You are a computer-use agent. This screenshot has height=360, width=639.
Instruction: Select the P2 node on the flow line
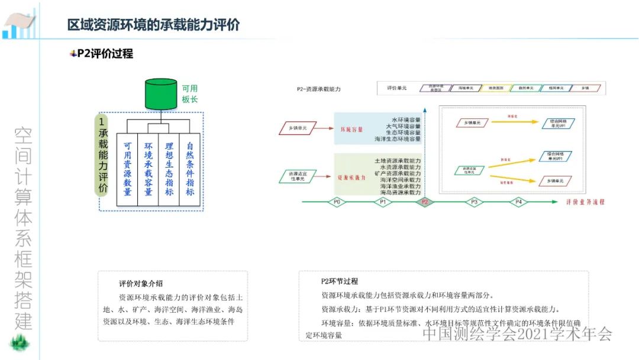pos(424,202)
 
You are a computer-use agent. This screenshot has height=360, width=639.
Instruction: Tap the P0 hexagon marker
pos(336,202)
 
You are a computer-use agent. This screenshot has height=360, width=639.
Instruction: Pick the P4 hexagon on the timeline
pos(518,202)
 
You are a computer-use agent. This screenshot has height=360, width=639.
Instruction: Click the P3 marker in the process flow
pos(473,202)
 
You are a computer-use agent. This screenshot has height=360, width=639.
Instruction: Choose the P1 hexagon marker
pos(382,202)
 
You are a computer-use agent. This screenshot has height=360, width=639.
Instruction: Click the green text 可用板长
pos(189,94)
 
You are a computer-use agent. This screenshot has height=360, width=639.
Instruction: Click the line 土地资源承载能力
pos(398,161)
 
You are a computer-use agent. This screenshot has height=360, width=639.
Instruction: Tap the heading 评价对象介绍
pos(141,283)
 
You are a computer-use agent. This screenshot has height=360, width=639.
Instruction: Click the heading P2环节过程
pos(339,281)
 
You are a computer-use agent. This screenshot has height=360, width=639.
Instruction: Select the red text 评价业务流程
pos(585,202)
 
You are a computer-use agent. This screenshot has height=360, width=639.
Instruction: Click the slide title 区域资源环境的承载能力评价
pos(153,25)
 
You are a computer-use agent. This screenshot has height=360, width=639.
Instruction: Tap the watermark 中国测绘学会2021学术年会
pos(517,334)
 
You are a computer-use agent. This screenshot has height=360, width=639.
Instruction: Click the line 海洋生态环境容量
pos(398,139)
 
